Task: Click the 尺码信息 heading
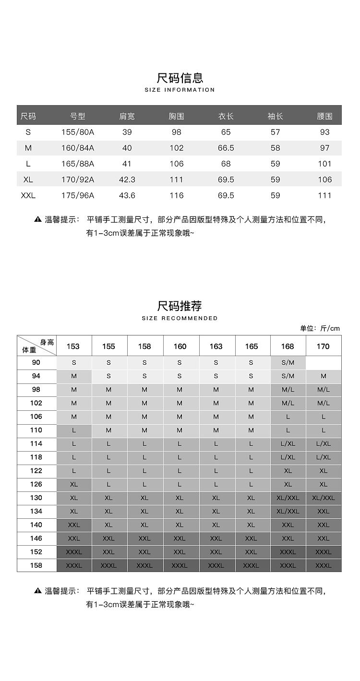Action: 180,78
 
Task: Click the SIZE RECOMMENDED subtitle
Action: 180,318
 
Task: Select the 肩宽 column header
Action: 127,116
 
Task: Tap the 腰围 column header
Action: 325,116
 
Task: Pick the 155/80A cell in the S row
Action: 78,132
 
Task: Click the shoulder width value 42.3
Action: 127,179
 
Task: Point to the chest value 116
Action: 177,195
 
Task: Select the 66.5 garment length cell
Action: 226,148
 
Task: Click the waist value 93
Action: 325,132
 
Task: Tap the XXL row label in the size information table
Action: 28,195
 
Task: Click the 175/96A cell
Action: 78,195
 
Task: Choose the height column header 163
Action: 216,346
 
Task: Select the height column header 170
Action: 323,346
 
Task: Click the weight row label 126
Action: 36,484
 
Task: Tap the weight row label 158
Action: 36,565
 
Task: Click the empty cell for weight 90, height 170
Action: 324,362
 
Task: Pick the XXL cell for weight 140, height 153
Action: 74,525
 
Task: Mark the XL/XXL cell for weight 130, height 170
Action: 324,498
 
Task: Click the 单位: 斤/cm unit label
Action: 320,328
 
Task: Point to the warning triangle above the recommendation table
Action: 38,219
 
